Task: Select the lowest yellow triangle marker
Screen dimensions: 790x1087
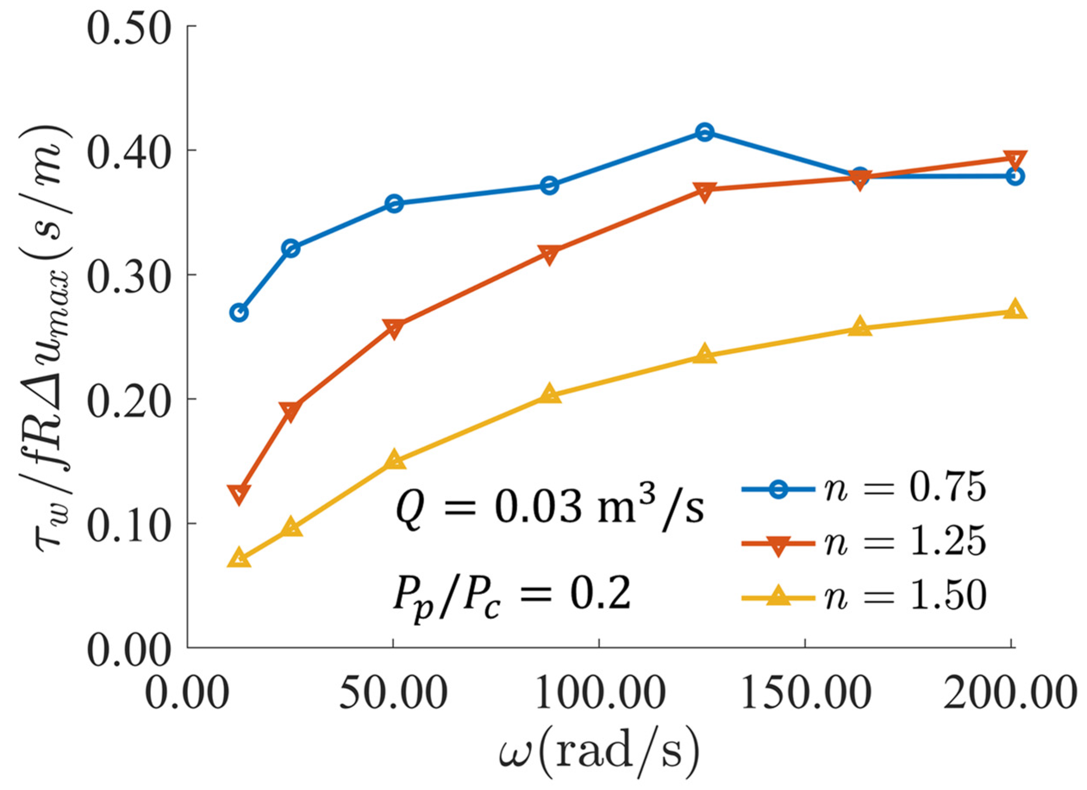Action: point(239,559)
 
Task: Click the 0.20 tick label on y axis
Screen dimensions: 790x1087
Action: point(130,399)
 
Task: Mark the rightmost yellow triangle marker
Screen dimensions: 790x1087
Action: point(1015,311)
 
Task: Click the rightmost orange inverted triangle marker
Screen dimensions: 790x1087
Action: point(1015,159)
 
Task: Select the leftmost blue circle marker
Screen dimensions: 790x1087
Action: point(239,313)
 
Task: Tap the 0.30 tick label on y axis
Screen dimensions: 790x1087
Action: point(130,275)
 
